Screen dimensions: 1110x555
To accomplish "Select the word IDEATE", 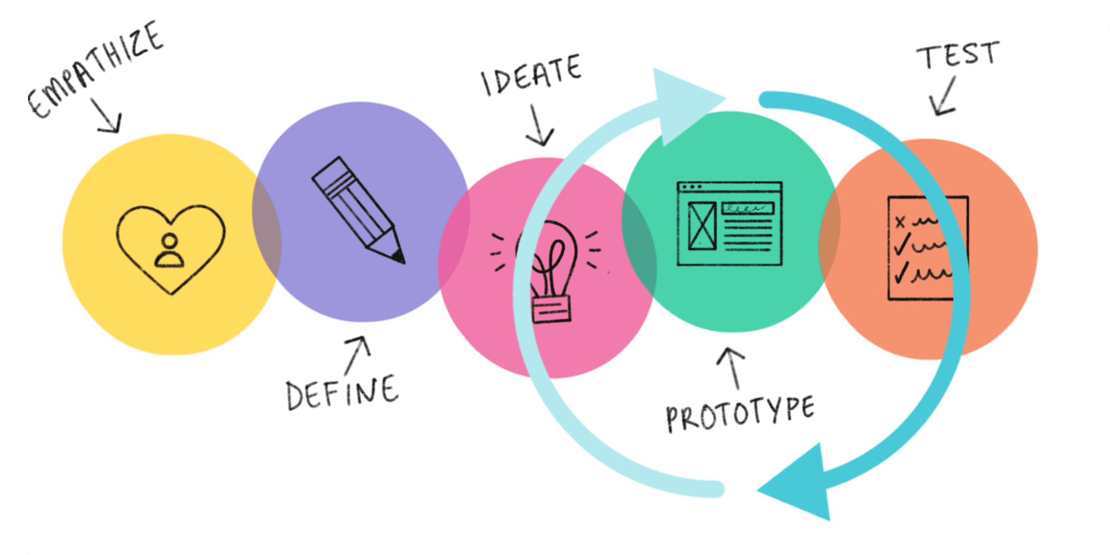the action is (531, 75).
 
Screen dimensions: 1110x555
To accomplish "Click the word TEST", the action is (958, 55).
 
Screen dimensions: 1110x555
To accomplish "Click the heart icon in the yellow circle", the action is (171, 248).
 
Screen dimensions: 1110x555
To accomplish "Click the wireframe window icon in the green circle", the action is (729, 223).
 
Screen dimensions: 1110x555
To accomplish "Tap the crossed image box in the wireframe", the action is (702, 226).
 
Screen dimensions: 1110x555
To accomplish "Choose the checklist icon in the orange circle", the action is (928, 247).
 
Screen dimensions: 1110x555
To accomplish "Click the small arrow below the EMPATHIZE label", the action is (107, 116).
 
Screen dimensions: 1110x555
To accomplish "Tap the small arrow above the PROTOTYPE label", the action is (732, 367).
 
